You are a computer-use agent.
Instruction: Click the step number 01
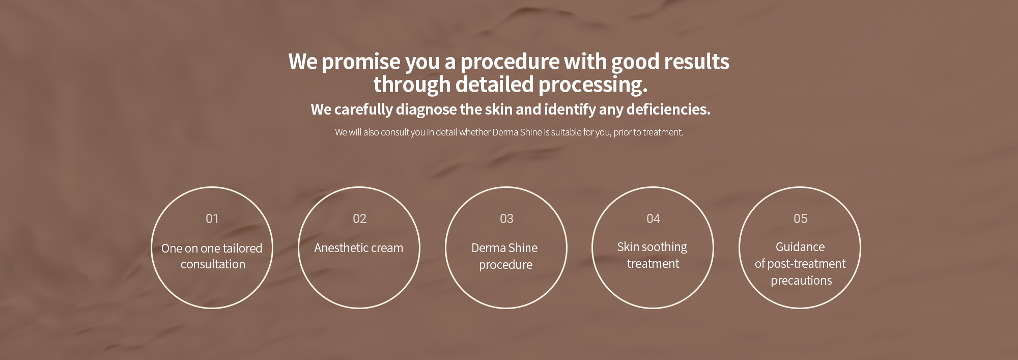tap(212, 218)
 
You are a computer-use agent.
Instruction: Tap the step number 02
tap(359, 218)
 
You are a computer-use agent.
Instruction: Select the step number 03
tap(506, 218)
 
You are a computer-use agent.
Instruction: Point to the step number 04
tap(653, 218)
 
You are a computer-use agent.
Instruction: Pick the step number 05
tap(800, 218)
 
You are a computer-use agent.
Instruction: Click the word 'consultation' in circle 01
tap(213, 264)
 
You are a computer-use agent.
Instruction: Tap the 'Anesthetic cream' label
tap(358, 248)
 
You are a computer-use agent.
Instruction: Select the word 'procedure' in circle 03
tap(505, 265)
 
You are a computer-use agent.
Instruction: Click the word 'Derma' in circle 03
tap(488, 248)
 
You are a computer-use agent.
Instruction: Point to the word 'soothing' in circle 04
tap(664, 247)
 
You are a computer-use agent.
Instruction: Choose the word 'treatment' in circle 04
tap(653, 264)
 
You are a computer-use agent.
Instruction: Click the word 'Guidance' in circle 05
tap(800, 247)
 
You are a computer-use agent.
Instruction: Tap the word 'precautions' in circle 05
tap(801, 281)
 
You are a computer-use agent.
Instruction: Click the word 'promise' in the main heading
tap(361, 62)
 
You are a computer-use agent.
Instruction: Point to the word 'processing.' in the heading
tap(593, 85)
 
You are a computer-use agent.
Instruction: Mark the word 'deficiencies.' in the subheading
tap(668, 109)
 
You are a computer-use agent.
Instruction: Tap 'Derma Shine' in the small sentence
tap(517, 132)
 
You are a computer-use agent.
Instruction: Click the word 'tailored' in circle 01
tap(243, 248)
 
